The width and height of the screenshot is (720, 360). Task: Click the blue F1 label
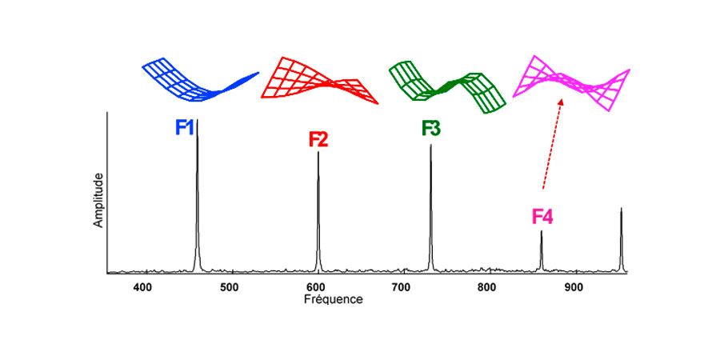[x=185, y=126]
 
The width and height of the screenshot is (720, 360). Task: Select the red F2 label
[x=318, y=139]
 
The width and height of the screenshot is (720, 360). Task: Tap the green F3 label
[x=431, y=128]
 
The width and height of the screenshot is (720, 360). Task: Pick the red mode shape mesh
[x=318, y=81]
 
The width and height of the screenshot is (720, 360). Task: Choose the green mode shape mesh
[x=448, y=85]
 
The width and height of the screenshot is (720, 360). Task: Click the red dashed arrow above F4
[x=552, y=144]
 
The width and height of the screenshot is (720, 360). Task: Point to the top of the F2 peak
[x=318, y=153]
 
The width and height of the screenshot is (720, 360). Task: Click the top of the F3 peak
[x=431, y=146]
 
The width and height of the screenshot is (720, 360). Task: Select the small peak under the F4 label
[x=542, y=232]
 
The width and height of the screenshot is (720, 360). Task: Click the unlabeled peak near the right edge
[x=621, y=209]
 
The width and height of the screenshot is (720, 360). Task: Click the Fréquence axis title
[x=334, y=300]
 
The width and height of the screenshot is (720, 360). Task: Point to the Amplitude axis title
[x=99, y=199]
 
